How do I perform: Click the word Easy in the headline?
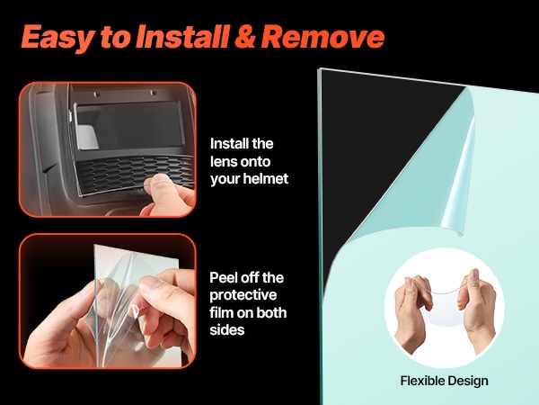pyautogui.click(x=57, y=37)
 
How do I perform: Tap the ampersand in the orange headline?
pyautogui.click(x=245, y=37)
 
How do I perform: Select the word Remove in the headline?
pyautogui.click(x=323, y=37)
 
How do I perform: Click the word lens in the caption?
pyautogui.click(x=223, y=161)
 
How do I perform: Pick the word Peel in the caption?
pyautogui.click(x=223, y=277)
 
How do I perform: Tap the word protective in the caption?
pyautogui.click(x=243, y=295)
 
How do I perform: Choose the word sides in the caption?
pyautogui.click(x=227, y=330)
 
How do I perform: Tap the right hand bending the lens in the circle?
pyautogui.click(x=477, y=310)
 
